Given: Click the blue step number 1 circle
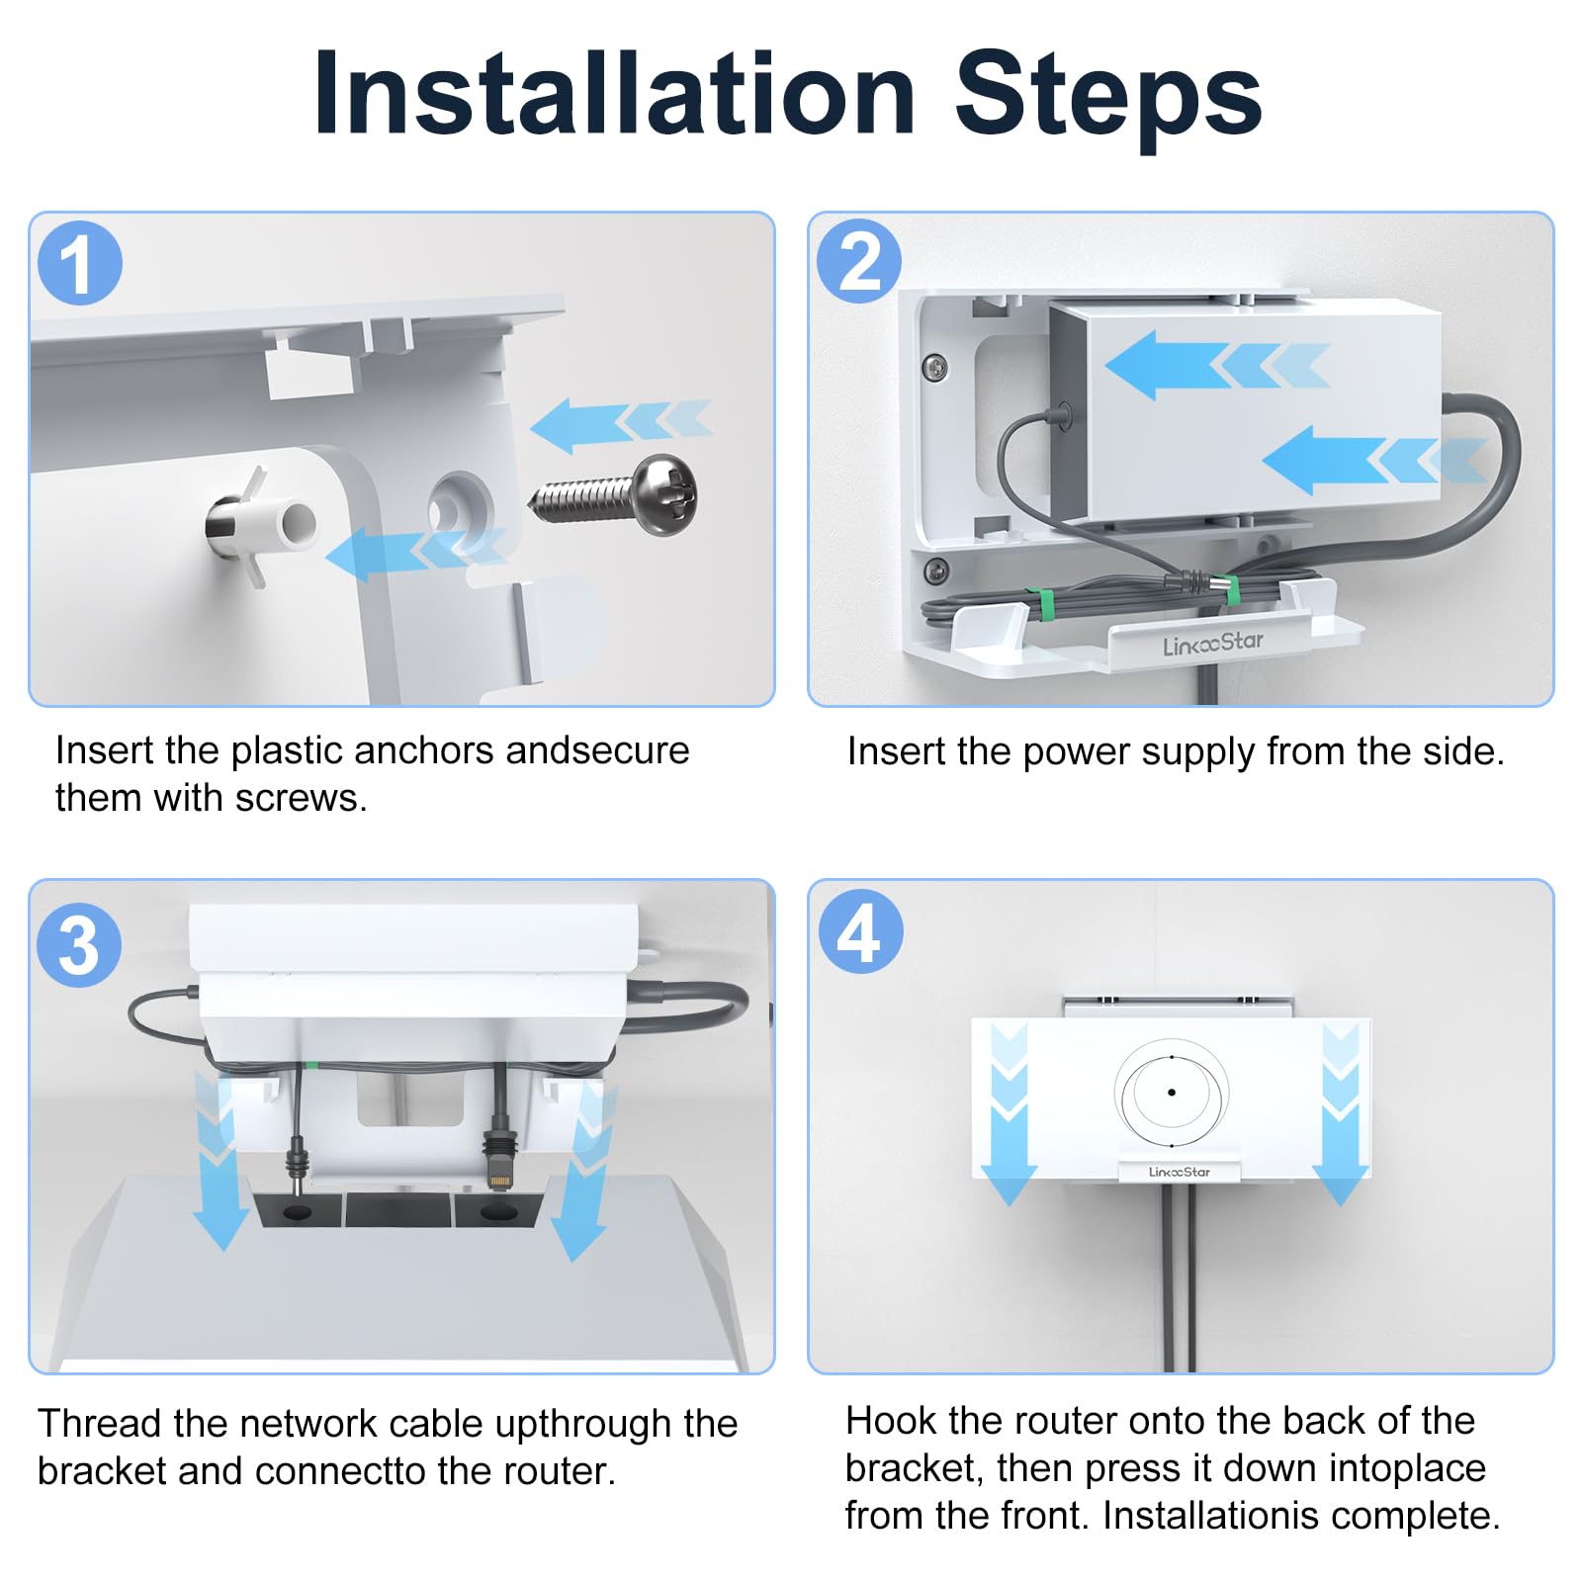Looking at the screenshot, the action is click(x=80, y=263).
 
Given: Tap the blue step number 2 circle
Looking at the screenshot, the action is click(x=859, y=262).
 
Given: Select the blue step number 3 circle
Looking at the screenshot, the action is click(x=79, y=945).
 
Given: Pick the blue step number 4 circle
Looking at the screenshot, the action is click(x=860, y=931).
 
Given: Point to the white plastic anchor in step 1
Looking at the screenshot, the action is click(x=262, y=525).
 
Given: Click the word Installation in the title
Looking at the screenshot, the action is click(x=614, y=95).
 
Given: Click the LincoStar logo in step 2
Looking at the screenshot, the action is click(x=1213, y=644).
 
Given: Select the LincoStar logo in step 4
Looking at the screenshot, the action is click(x=1179, y=1172).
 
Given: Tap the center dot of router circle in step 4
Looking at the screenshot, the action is click(x=1172, y=1093).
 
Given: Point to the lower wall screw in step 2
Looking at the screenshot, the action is click(x=934, y=571).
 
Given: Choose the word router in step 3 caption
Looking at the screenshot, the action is click(x=554, y=1471).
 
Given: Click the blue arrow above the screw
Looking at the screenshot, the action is click(x=621, y=425).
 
